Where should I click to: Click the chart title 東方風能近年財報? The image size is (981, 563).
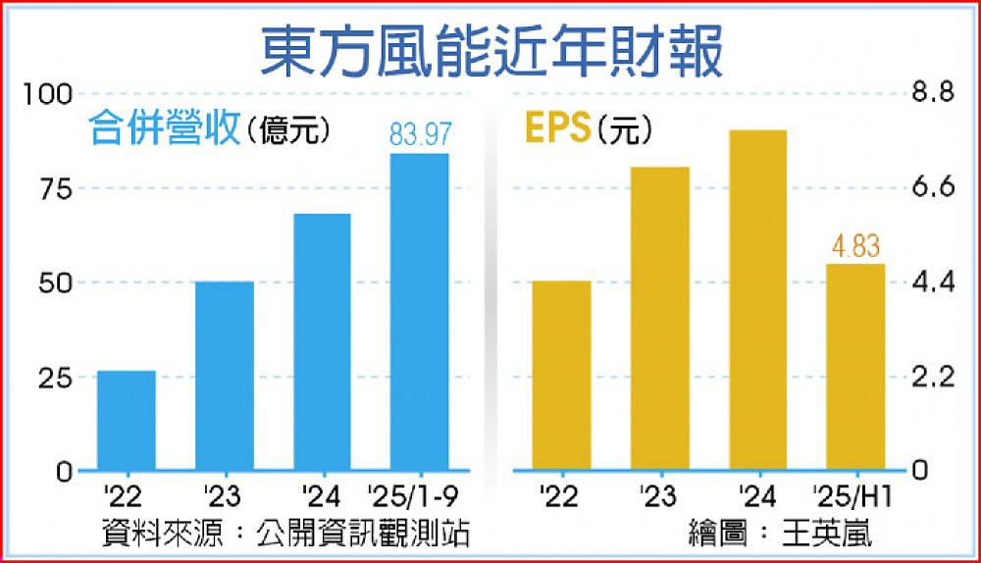490,51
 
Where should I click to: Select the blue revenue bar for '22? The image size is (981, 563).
127,421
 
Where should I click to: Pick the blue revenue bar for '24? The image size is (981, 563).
323,342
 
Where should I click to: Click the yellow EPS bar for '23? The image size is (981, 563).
659,319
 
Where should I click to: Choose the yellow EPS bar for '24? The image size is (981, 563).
757,300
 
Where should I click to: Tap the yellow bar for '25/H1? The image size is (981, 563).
855,367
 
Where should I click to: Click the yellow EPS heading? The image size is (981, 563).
556,128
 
